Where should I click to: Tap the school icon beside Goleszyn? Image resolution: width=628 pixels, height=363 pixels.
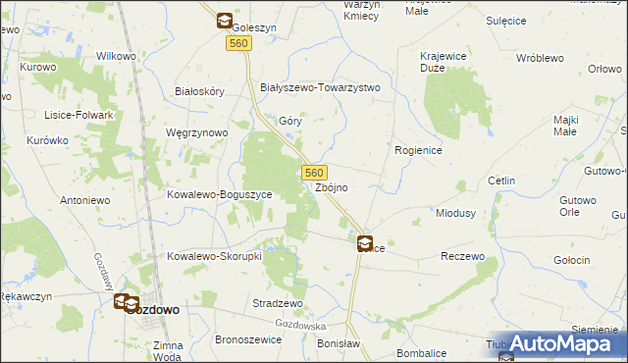click(224, 20)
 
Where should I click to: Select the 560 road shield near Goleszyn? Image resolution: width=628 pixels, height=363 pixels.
click(236, 44)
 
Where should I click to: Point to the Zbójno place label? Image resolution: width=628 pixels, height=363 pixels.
click(332, 186)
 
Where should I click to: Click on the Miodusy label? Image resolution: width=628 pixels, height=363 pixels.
click(455, 213)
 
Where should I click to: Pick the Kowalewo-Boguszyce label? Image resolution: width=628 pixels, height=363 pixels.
click(226, 194)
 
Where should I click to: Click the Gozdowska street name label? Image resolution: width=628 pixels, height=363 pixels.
click(300, 324)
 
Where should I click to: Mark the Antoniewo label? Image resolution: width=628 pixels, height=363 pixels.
click(84, 200)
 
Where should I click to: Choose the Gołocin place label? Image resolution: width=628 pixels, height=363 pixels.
click(570, 260)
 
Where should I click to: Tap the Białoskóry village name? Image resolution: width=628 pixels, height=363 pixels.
click(199, 90)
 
